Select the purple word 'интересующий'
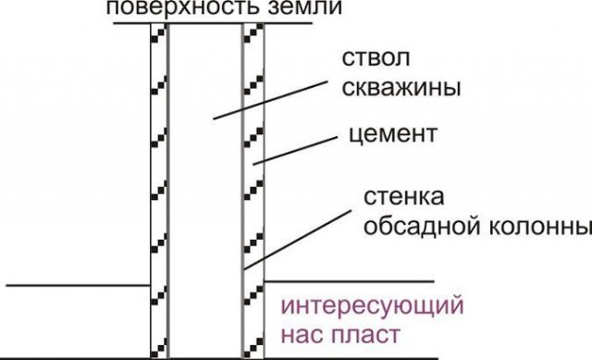371,304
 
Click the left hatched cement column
160,185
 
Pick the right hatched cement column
253,185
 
